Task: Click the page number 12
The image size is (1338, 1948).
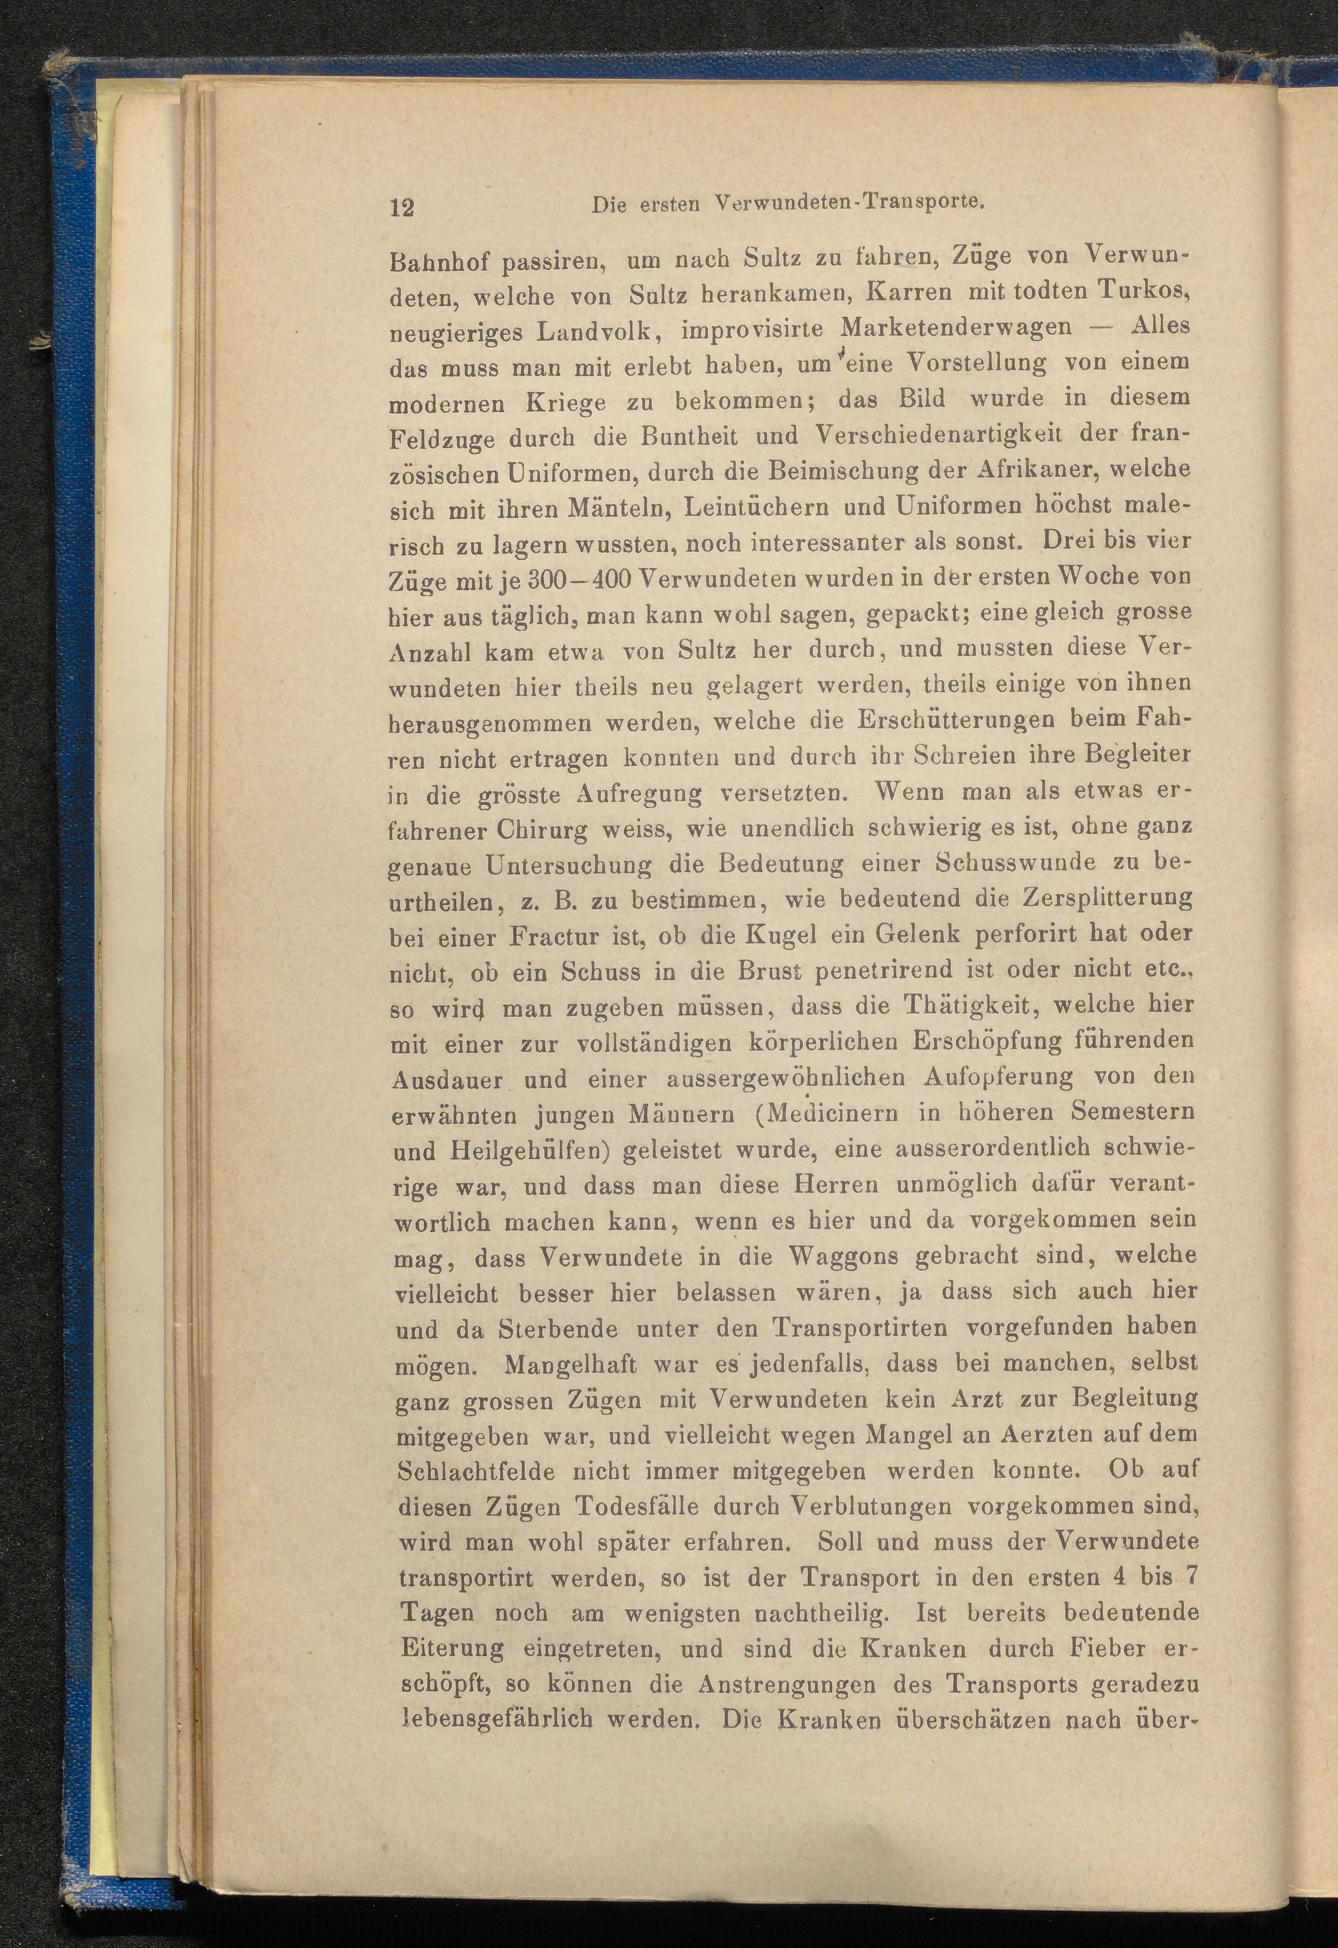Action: click(402, 207)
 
